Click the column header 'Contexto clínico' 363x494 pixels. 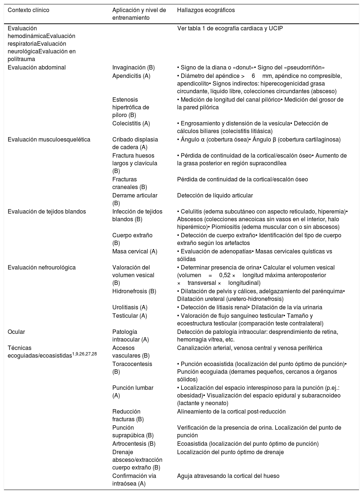[x=29, y=10]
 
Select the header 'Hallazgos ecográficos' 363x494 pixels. [x=206, y=10]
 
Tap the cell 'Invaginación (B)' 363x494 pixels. [x=133, y=67]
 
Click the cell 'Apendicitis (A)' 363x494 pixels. [x=131, y=76]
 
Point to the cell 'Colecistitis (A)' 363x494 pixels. [x=131, y=123]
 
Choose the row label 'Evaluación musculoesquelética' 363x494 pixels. [x=49, y=139]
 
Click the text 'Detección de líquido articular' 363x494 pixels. [x=215, y=195]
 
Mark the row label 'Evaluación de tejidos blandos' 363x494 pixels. [x=47, y=211]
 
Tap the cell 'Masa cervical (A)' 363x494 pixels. [x=135, y=251]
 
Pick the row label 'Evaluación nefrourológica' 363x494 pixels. [x=42, y=267]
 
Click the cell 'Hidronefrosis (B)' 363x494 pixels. [x=134, y=291]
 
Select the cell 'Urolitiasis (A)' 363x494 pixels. [x=130, y=307]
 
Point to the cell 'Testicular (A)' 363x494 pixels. [x=130, y=316]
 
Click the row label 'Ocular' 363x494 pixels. [x=16, y=332]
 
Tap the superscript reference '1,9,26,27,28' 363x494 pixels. [x=84, y=354]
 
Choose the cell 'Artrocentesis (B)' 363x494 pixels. [x=134, y=444]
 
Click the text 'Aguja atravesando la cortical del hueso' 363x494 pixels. [x=228, y=476]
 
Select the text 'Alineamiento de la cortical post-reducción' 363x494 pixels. [x=231, y=411]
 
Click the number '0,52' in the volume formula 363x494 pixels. [x=225, y=275]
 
